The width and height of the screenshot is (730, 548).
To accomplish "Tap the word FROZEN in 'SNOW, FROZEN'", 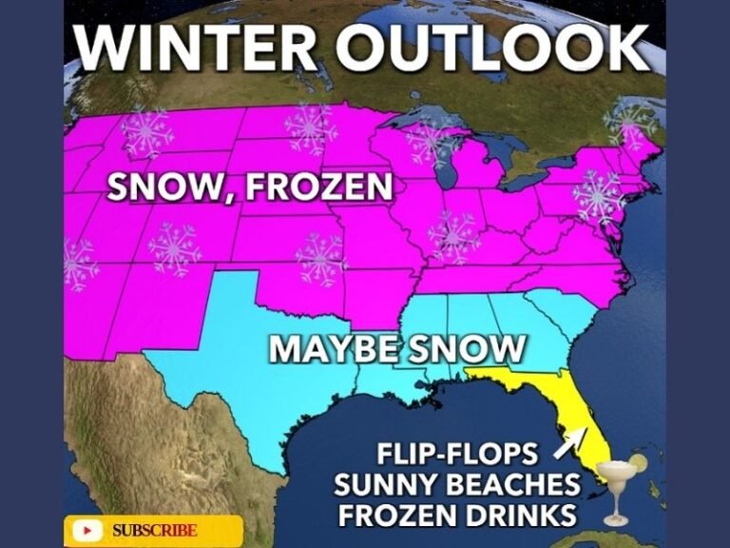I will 318,186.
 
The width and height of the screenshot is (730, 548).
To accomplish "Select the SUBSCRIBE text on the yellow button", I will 154,530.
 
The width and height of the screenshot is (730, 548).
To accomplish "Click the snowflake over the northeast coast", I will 598,196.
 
